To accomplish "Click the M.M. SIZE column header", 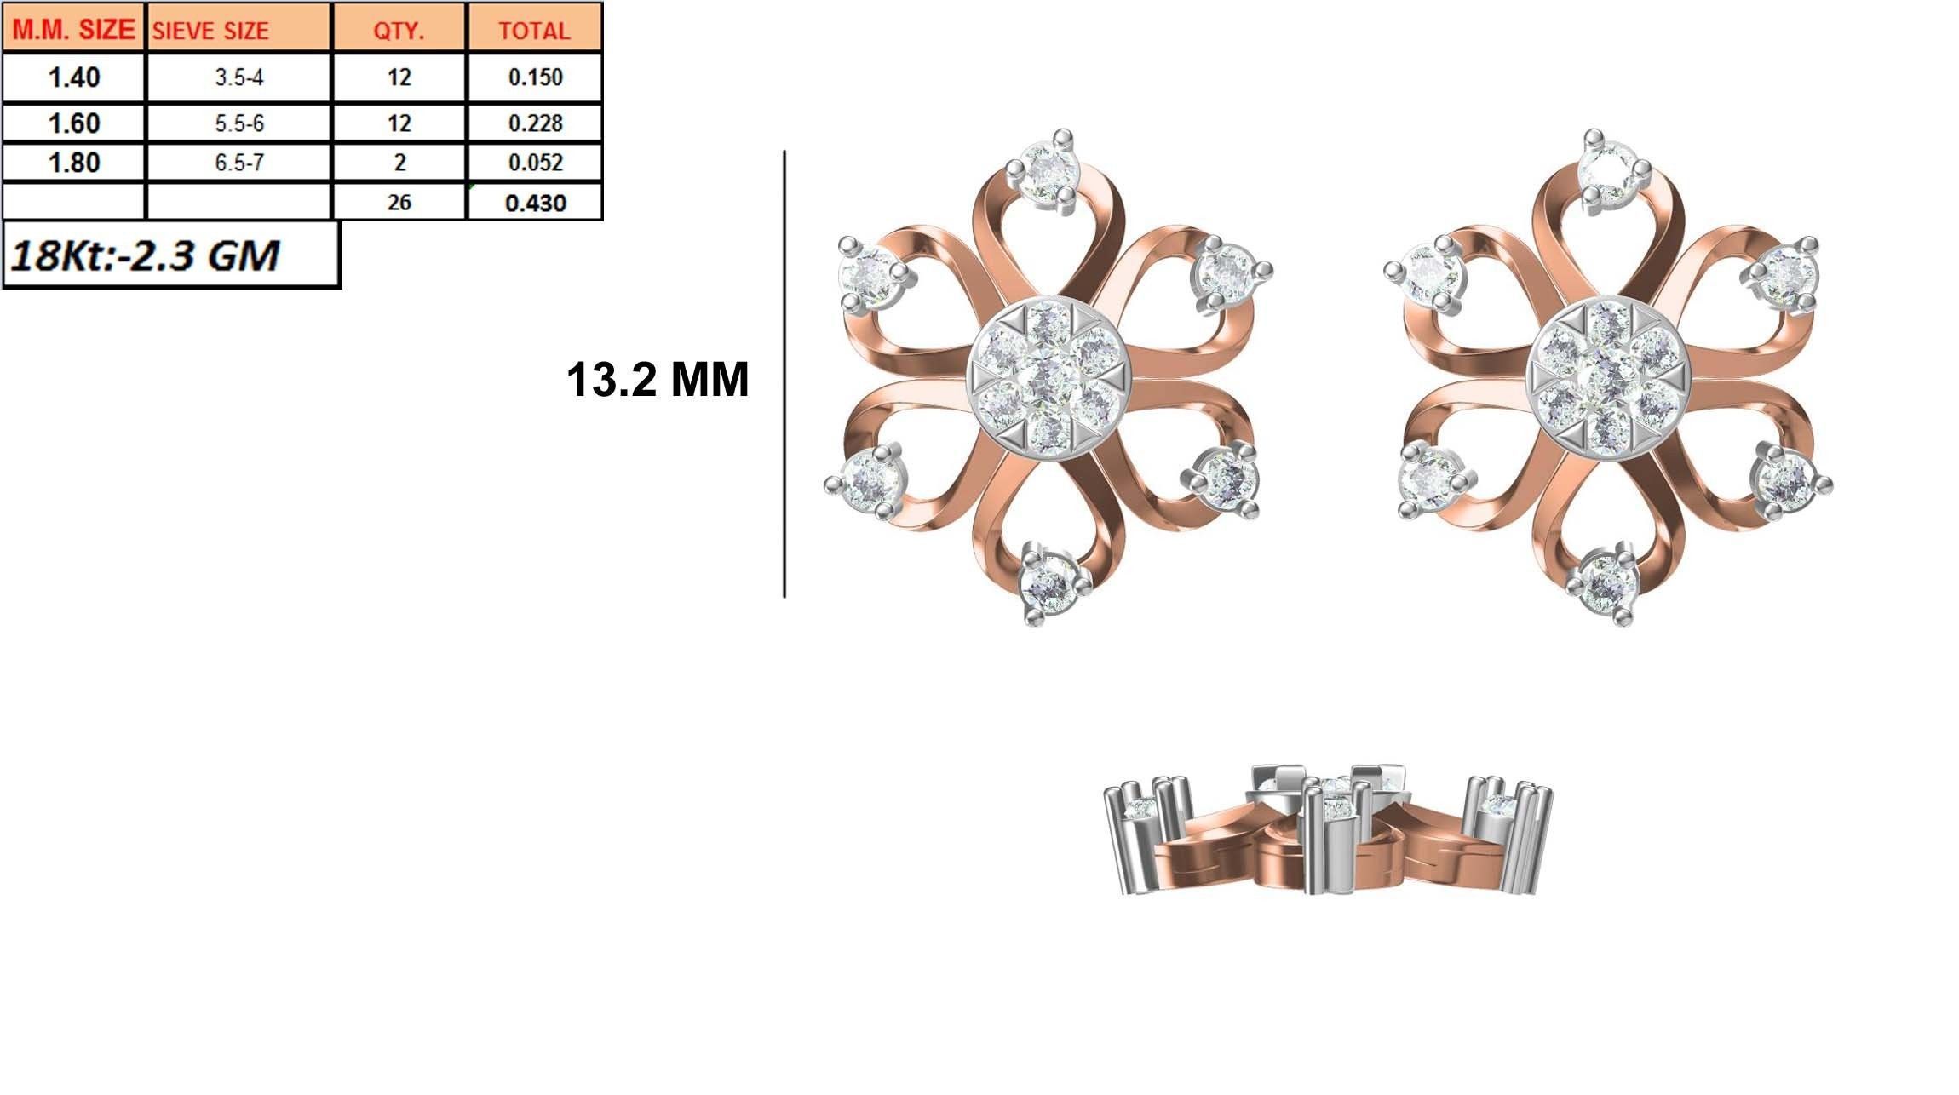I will click(74, 30).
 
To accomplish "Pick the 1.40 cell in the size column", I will click(74, 77).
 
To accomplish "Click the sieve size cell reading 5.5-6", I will click(239, 123).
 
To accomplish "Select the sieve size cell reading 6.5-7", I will click(239, 163).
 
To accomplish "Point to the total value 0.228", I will click(535, 123).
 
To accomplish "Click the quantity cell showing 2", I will click(399, 163).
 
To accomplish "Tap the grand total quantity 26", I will click(399, 203).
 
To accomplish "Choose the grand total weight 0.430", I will click(535, 203).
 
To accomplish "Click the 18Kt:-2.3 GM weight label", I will click(145, 255).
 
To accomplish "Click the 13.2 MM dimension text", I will click(657, 380).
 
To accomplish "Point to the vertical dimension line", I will click(784, 375).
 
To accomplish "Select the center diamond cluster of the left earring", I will click(1048, 376).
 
